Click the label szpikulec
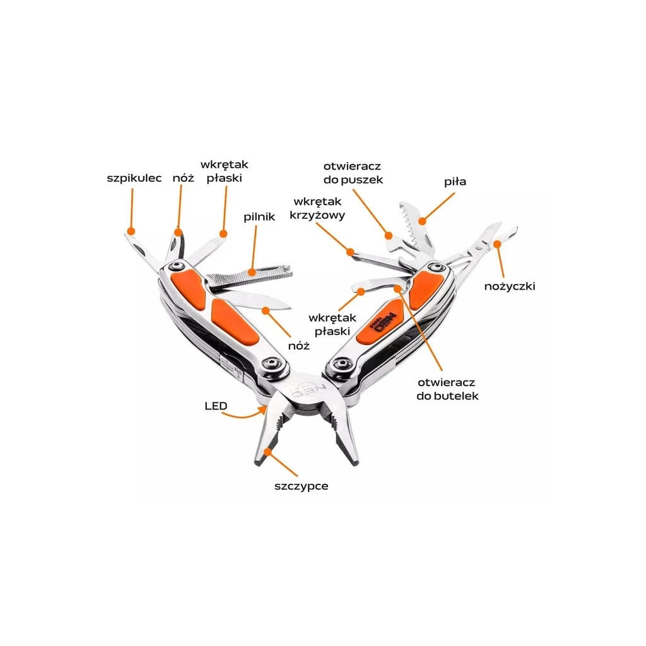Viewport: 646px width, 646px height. pyautogui.click(x=134, y=179)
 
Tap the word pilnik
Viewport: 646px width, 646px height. pyautogui.click(x=259, y=216)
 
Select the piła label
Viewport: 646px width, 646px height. pyautogui.click(x=454, y=182)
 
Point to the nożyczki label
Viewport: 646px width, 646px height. pyautogui.click(x=509, y=285)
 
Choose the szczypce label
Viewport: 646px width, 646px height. pyautogui.click(x=301, y=486)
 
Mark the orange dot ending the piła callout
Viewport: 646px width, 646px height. pyautogui.click(x=423, y=220)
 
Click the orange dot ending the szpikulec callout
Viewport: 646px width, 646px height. pyautogui.click(x=131, y=231)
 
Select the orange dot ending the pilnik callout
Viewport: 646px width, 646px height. pyautogui.click(x=252, y=273)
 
